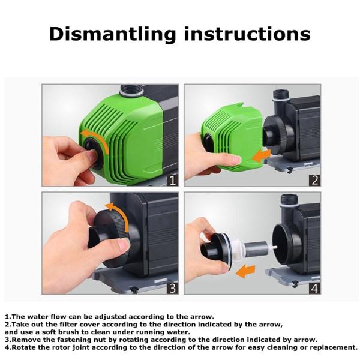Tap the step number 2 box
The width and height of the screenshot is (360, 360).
point(313,179)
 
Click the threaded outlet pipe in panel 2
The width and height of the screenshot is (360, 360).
point(281,97)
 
